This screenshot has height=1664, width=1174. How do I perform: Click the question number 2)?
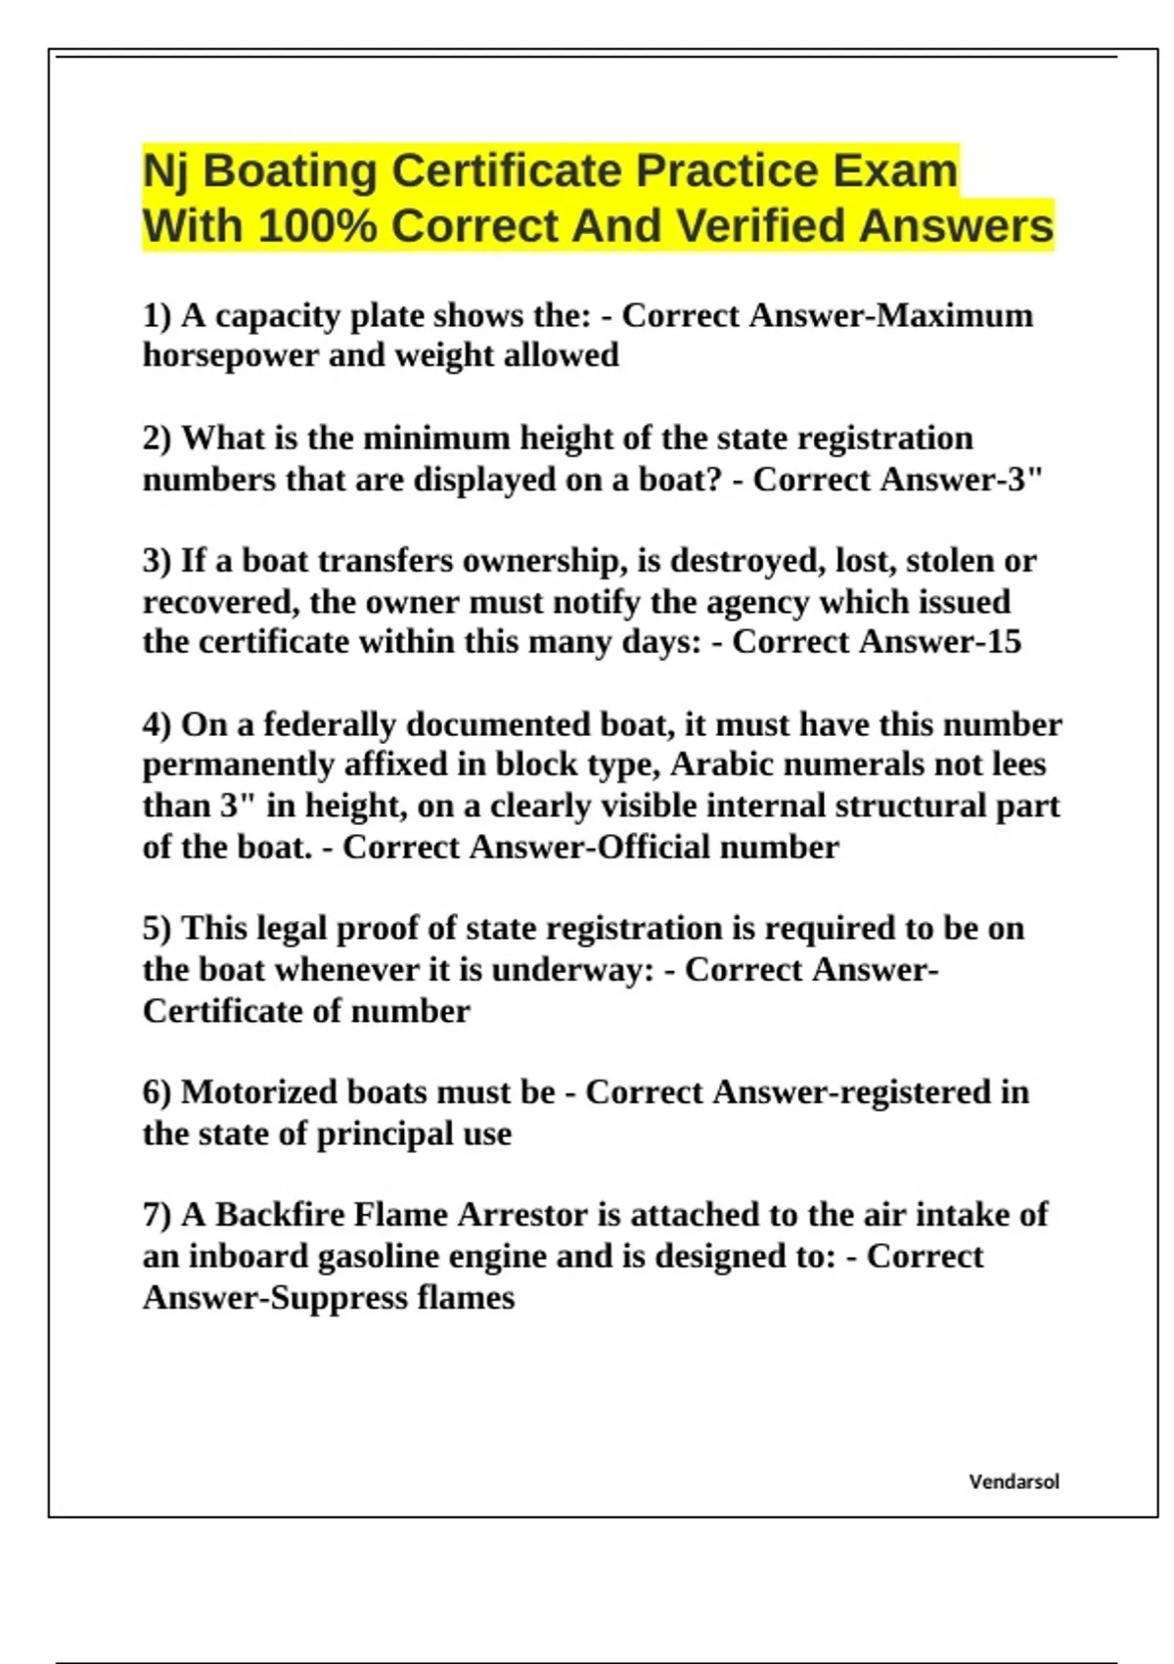click(157, 439)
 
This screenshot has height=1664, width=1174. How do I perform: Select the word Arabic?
click(720, 764)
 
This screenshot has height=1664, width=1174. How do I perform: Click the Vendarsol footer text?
click(1014, 1482)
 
